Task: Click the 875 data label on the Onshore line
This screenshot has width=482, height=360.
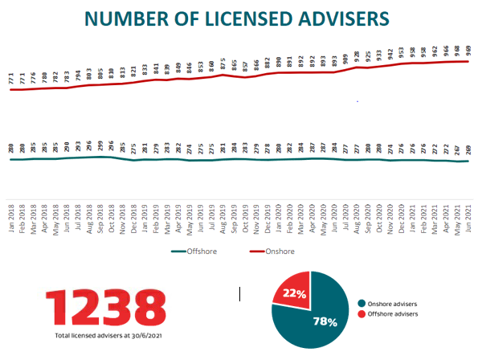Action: point(223,64)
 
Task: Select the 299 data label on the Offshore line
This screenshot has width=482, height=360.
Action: point(100,147)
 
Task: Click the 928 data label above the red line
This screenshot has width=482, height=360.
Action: point(356,56)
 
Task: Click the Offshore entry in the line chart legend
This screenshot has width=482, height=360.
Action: point(195,252)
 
